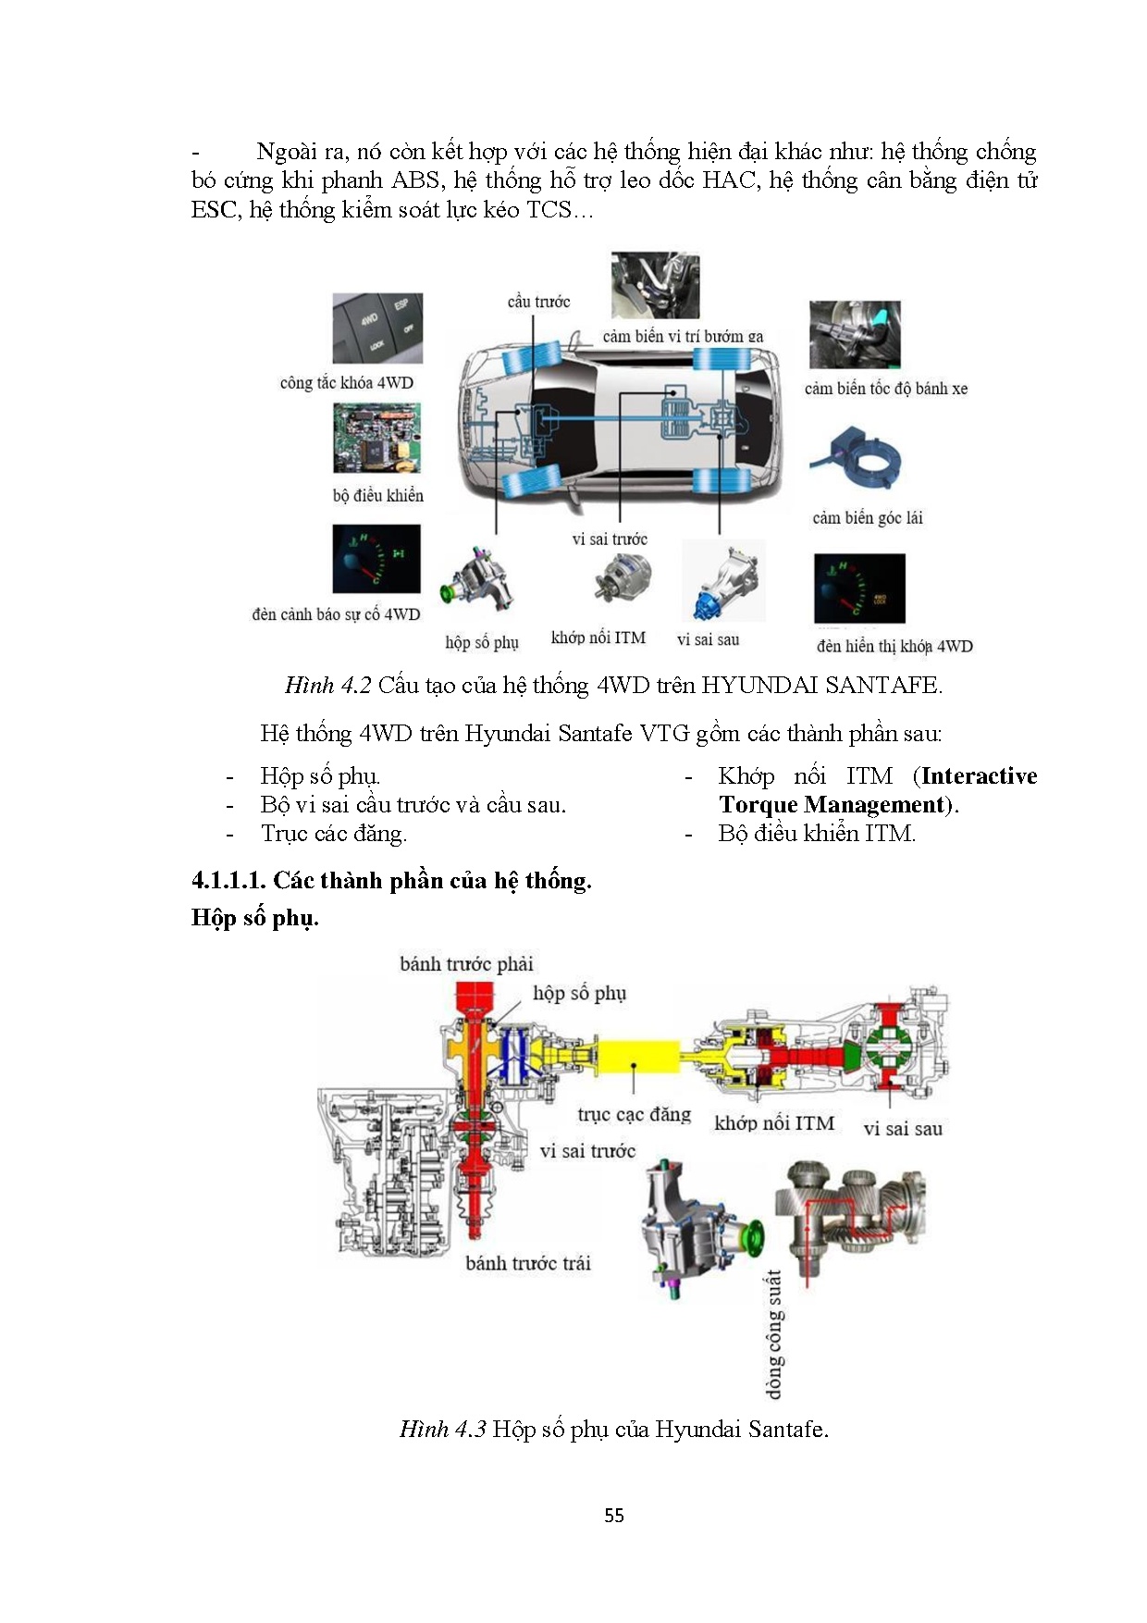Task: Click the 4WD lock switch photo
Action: click(x=377, y=328)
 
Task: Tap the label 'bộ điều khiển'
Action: click(x=377, y=496)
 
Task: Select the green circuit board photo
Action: click(x=377, y=439)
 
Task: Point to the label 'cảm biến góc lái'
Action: click(x=868, y=518)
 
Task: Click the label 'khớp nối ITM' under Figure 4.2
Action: click(x=598, y=638)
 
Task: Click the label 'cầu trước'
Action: click(x=538, y=302)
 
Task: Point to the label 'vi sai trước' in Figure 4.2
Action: click(x=609, y=539)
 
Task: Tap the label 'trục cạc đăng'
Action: click(x=634, y=1114)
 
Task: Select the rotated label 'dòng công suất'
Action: click(x=773, y=1333)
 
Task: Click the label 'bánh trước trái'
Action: click(x=527, y=1263)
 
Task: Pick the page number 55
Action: click(x=614, y=1516)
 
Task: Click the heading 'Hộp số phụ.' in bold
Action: click(x=255, y=918)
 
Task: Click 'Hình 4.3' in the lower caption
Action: click(x=442, y=1429)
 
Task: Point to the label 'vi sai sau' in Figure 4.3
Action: click(x=903, y=1129)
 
